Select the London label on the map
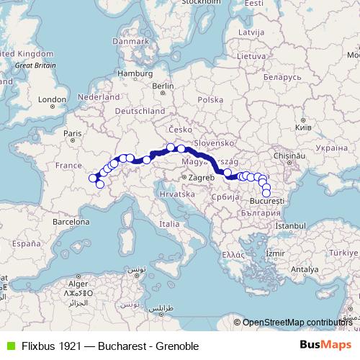(x=52, y=99)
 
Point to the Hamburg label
(x=132, y=73)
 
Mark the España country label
(x=27, y=244)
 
